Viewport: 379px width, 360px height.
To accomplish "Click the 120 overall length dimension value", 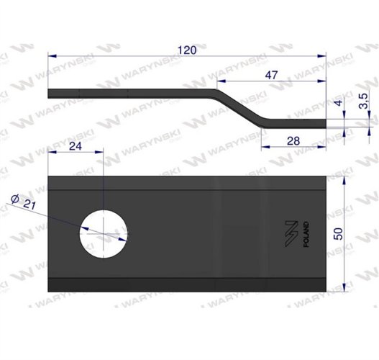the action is (x=187, y=50).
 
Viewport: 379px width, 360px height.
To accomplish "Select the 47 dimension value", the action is (x=271, y=76).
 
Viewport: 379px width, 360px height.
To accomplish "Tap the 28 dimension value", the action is (x=293, y=141).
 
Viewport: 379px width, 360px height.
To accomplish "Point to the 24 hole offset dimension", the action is (x=76, y=146).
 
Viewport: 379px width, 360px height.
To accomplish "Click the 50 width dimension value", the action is (x=339, y=234).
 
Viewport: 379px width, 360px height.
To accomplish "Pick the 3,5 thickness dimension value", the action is (x=363, y=101).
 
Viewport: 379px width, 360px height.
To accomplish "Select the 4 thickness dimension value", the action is (x=339, y=103).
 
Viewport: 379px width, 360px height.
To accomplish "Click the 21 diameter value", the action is (x=29, y=205).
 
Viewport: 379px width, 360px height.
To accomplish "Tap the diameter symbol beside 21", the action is (x=15, y=199).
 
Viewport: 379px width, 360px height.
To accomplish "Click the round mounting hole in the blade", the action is (x=104, y=234).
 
